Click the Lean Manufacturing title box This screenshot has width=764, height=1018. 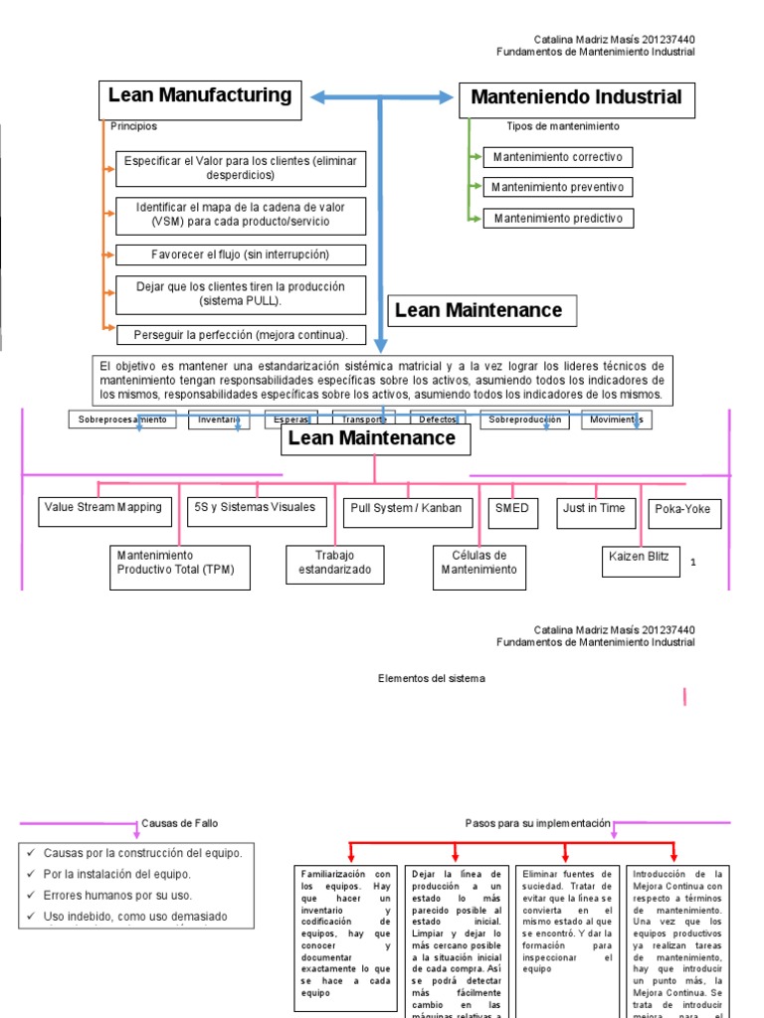pos(200,98)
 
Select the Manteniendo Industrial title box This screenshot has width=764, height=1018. pos(576,99)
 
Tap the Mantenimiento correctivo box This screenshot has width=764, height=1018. pos(557,157)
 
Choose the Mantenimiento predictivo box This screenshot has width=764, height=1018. pos(557,218)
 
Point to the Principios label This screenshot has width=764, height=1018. pos(133,126)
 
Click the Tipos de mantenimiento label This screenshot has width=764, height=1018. pos(562,126)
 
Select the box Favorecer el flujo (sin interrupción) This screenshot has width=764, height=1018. pos(241,254)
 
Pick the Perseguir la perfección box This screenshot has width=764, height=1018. pos(241,335)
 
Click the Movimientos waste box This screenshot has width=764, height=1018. pos(616,420)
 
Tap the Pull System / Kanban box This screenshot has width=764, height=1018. pos(406,511)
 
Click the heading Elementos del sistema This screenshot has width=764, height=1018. pos(432,678)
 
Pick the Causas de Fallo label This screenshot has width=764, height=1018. pos(180,823)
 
